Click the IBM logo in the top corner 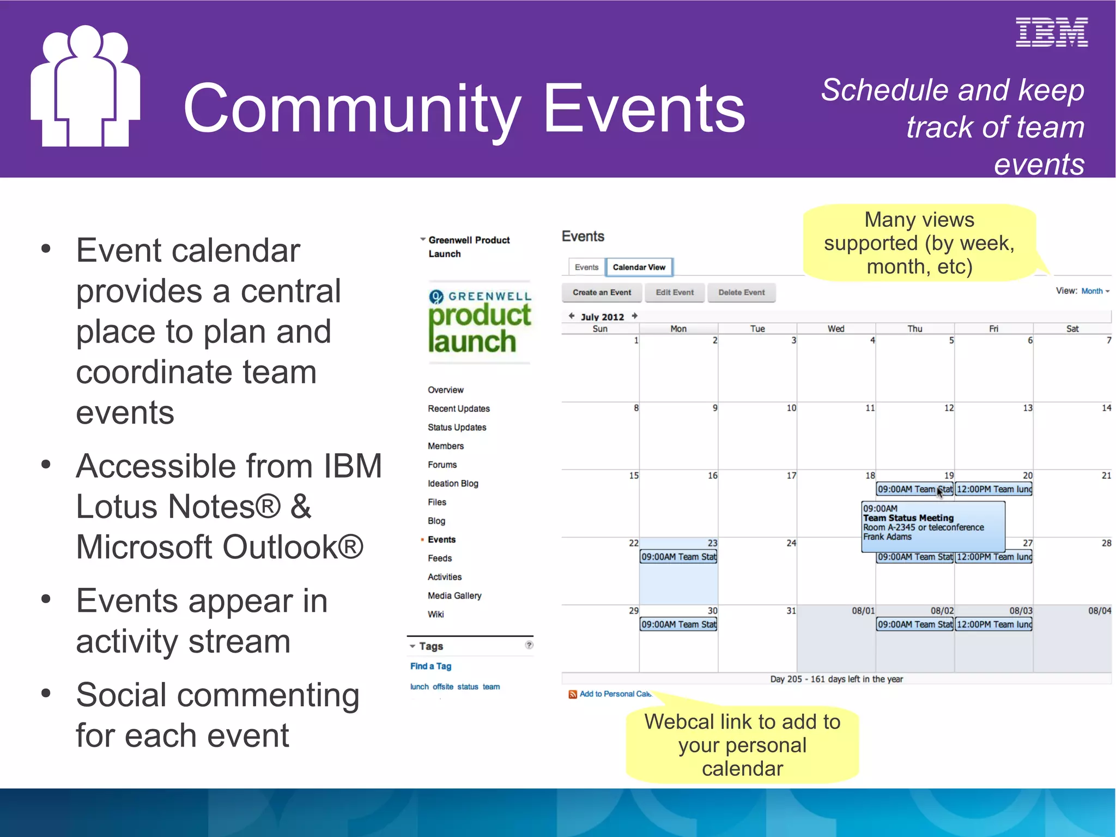[1051, 32]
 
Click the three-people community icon [85, 87]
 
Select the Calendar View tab [639, 267]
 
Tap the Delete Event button [741, 292]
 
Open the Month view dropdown [1095, 291]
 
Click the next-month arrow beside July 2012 [635, 316]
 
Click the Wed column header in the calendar [835, 329]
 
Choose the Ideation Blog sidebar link [453, 484]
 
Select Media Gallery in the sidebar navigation [454, 595]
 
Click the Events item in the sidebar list [441, 539]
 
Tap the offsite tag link [442, 687]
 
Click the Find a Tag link [430, 666]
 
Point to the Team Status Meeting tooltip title [908, 518]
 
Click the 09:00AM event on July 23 [678, 557]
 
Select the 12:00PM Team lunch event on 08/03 [993, 624]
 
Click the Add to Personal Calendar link [614, 694]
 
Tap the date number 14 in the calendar [1106, 408]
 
